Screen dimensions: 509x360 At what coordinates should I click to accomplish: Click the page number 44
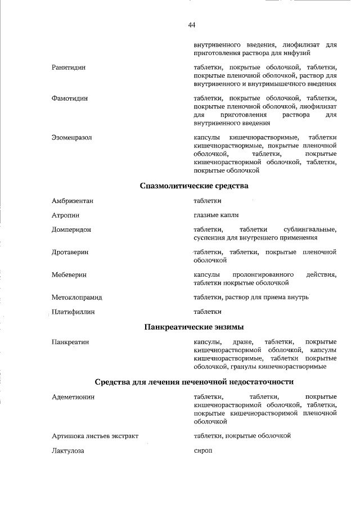[x=192, y=25]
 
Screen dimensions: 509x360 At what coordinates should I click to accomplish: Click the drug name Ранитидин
[x=69, y=67]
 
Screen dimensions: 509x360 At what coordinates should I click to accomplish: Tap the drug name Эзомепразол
[x=71, y=137]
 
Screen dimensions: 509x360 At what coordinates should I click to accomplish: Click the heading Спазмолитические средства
[x=193, y=185]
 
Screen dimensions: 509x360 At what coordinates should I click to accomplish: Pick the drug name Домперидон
[x=71, y=229]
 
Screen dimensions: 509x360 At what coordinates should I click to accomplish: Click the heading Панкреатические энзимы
[x=194, y=326]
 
